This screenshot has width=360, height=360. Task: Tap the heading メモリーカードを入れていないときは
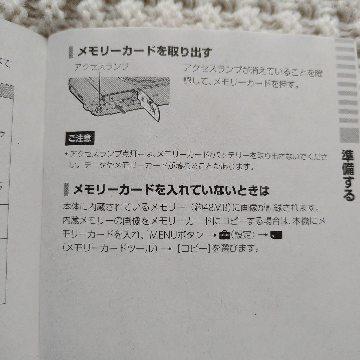[170, 190]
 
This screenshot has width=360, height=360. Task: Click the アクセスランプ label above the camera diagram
[101, 67]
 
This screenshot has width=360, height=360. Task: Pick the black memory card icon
[276, 236]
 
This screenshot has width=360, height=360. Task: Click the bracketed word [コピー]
[193, 249]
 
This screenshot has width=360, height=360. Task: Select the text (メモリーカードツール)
[110, 249]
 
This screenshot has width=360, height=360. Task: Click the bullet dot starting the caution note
[67, 154]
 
